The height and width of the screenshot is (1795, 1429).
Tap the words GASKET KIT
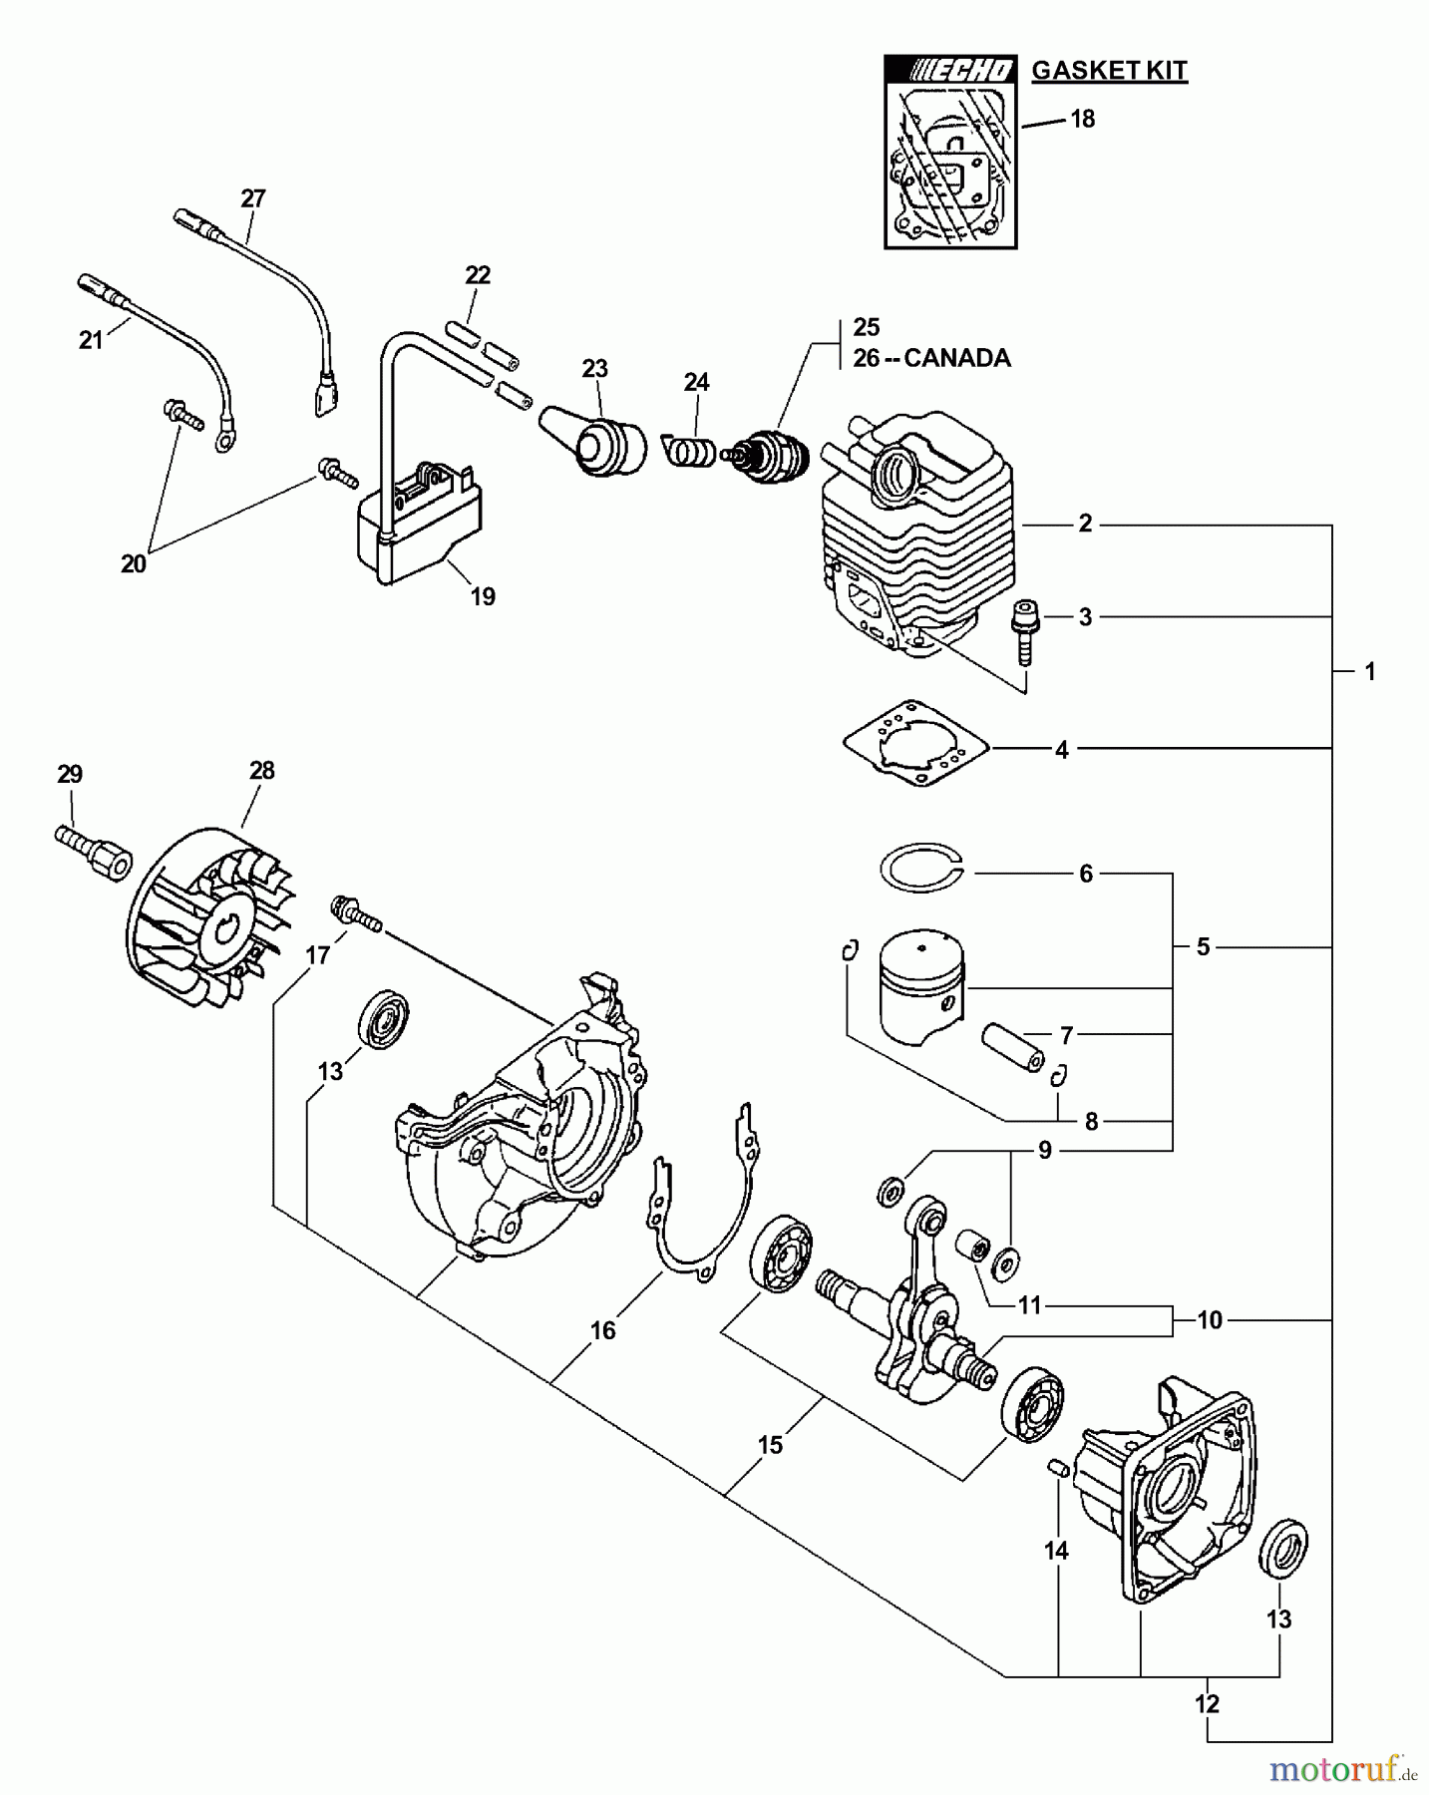coord(1109,71)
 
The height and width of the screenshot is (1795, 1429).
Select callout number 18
coord(1082,120)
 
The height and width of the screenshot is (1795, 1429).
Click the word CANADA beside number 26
coord(956,358)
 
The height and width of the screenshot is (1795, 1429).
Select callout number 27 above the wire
coord(253,198)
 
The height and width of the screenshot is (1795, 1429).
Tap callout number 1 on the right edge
coord(1369,672)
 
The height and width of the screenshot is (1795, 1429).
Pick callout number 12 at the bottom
coord(1207,1703)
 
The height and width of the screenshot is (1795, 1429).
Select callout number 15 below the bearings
coord(770,1445)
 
